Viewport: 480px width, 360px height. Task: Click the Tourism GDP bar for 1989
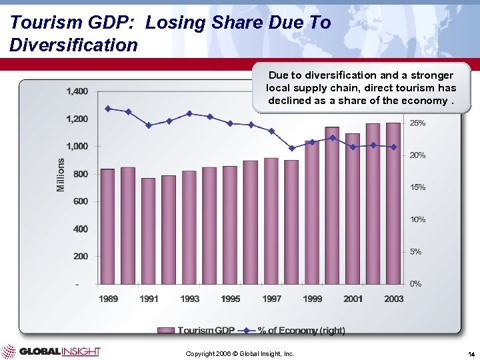(107, 226)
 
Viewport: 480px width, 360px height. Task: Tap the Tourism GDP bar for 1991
(148, 231)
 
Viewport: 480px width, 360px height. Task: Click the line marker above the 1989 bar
(107, 109)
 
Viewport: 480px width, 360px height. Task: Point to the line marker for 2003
(393, 147)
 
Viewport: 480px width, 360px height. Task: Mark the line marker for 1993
(189, 113)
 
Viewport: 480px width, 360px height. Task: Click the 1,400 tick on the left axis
(77, 91)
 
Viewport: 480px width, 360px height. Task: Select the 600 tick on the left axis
(79, 201)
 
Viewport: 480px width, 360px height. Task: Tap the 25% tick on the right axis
(417, 123)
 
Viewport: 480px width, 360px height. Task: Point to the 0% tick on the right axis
(415, 284)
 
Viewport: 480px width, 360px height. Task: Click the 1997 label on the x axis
(271, 299)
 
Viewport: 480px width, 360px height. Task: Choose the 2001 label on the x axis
(353, 299)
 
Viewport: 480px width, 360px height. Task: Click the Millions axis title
(61, 175)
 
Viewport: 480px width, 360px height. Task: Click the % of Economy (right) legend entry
(293, 330)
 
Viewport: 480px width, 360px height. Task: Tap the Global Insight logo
(51, 351)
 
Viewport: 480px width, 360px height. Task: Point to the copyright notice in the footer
(240, 353)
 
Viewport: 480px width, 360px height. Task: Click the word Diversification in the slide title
(74, 45)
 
